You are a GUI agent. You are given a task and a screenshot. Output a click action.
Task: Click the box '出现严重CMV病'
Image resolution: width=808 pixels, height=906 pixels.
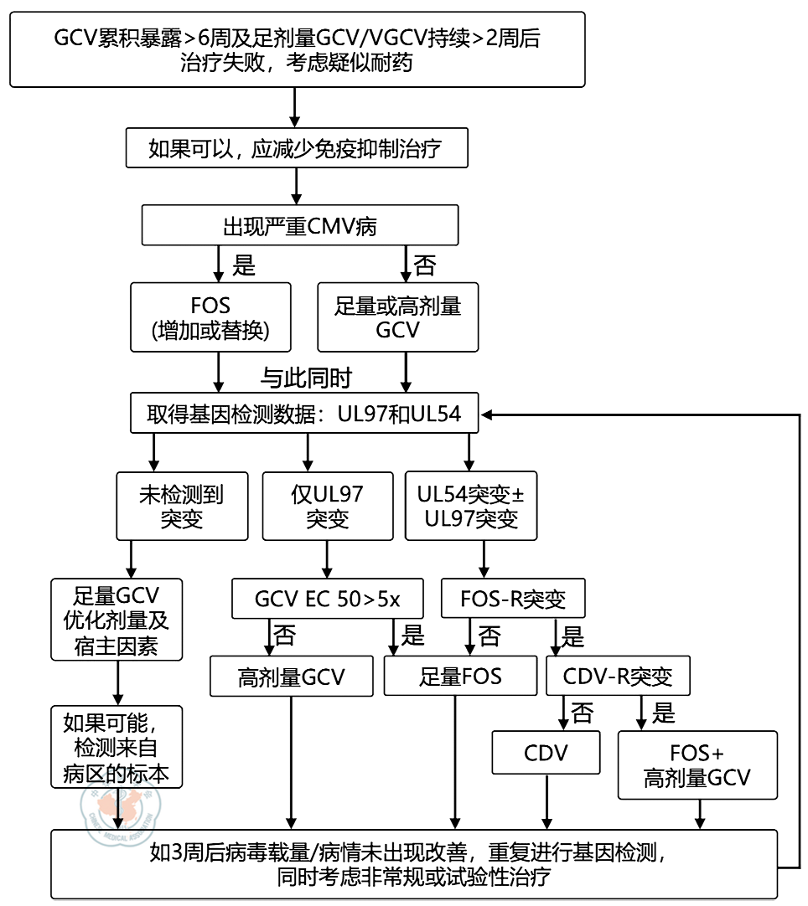point(300,226)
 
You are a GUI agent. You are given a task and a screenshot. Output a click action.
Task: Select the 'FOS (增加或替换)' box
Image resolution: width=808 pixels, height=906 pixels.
point(210,317)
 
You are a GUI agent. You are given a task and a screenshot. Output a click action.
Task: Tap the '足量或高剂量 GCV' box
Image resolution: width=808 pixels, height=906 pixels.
point(397,317)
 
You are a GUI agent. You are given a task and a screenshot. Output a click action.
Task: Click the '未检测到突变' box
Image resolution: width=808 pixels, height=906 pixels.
point(182,506)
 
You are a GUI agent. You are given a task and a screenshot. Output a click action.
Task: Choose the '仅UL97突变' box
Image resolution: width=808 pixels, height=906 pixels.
point(327,506)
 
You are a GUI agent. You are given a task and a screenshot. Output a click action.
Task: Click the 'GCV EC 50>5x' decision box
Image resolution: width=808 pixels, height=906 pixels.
point(328,600)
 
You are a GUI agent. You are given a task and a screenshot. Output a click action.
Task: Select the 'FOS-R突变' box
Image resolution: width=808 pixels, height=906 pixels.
point(513,600)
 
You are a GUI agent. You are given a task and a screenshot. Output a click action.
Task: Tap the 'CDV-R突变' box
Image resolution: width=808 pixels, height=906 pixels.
point(618,675)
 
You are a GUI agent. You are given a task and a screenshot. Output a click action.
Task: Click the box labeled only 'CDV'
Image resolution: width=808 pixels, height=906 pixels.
point(546,752)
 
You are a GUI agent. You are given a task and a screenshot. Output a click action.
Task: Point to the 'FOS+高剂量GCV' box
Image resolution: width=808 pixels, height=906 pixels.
point(697,764)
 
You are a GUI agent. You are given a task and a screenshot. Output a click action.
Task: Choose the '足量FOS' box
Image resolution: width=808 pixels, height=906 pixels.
point(460,675)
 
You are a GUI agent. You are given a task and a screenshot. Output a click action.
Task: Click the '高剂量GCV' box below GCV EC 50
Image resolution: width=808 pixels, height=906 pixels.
point(291,675)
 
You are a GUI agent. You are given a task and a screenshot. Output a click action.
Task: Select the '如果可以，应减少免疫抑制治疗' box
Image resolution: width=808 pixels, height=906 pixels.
point(294,149)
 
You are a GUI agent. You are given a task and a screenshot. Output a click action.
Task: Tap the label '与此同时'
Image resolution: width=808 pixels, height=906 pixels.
point(305,378)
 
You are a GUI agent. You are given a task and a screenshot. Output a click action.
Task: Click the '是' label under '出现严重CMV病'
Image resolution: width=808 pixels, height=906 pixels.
point(243,266)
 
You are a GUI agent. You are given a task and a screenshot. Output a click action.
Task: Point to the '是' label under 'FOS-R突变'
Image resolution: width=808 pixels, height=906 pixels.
point(573,637)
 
